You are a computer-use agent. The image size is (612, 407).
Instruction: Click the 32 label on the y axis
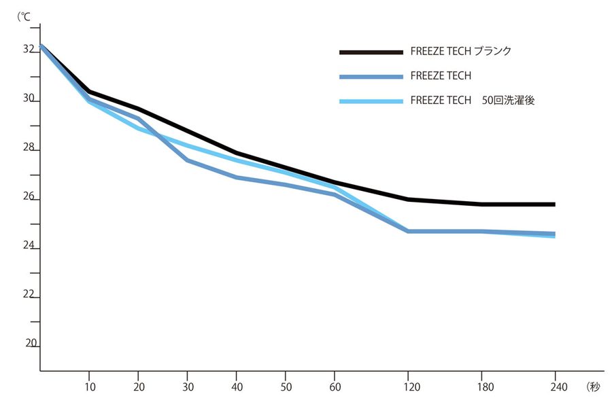(29, 50)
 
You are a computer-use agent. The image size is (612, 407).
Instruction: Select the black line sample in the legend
(371, 52)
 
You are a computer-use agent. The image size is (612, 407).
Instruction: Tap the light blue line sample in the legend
(371, 101)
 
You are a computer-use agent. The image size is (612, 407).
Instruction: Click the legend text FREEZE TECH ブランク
(460, 52)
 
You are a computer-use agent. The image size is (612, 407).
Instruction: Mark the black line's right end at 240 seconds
(554, 204)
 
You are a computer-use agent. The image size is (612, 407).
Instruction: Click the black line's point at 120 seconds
(408, 199)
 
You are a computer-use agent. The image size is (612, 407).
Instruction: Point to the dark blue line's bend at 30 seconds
(187, 160)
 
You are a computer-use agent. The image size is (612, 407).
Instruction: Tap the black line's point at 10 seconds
(89, 91)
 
